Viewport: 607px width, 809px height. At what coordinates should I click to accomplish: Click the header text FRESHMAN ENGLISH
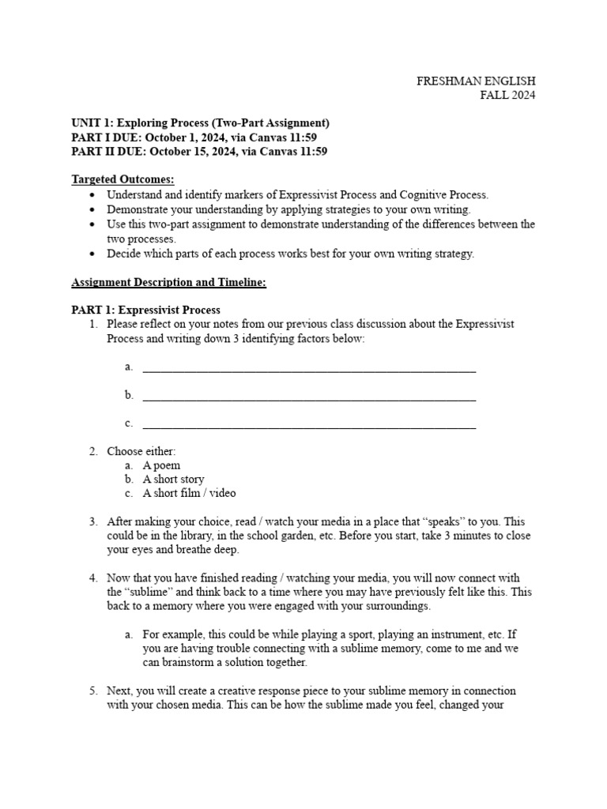(x=476, y=81)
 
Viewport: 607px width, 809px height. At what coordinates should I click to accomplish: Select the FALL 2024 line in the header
(x=507, y=96)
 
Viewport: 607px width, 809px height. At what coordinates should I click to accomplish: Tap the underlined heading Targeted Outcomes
(x=123, y=179)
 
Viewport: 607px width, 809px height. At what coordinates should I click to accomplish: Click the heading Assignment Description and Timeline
(x=168, y=282)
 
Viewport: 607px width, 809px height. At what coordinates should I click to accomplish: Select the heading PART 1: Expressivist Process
(x=145, y=310)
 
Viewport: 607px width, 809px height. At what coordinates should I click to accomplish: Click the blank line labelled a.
(x=308, y=367)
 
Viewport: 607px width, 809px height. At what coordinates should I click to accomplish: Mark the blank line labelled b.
(x=308, y=396)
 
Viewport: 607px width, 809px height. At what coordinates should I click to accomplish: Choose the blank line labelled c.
(x=308, y=424)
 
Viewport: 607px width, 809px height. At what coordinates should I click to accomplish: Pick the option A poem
(x=161, y=465)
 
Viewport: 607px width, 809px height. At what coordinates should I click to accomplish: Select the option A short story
(x=173, y=480)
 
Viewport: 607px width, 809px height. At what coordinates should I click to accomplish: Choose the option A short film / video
(x=189, y=494)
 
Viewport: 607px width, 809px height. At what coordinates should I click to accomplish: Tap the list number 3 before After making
(x=92, y=522)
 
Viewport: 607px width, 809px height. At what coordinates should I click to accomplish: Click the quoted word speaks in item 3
(x=447, y=522)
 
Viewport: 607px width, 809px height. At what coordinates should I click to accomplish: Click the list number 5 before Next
(x=92, y=690)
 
